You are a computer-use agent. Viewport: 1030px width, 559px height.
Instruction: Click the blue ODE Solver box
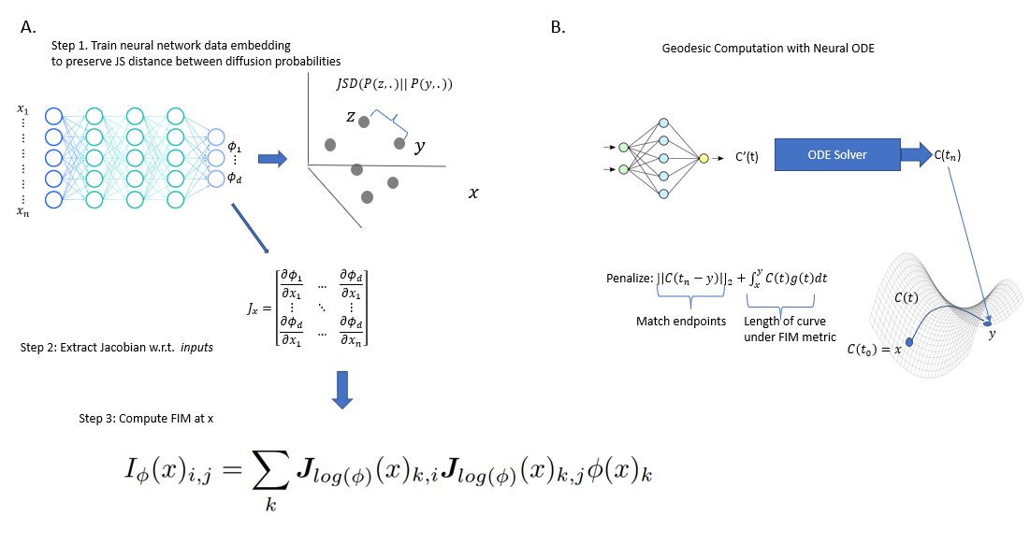tap(837, 154)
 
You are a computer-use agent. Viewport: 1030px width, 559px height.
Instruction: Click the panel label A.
tap(27, 27)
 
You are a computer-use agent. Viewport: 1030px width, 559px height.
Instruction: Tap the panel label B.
tap(558, 28)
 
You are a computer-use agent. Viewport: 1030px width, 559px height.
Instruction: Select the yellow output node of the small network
tap(704, 159)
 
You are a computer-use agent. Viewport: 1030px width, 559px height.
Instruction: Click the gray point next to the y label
tap(399, 144)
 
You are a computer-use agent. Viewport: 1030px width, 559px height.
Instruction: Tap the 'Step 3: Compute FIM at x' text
tap(147, 418)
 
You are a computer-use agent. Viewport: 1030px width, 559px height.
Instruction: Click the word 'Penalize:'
tap(628, 277)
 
